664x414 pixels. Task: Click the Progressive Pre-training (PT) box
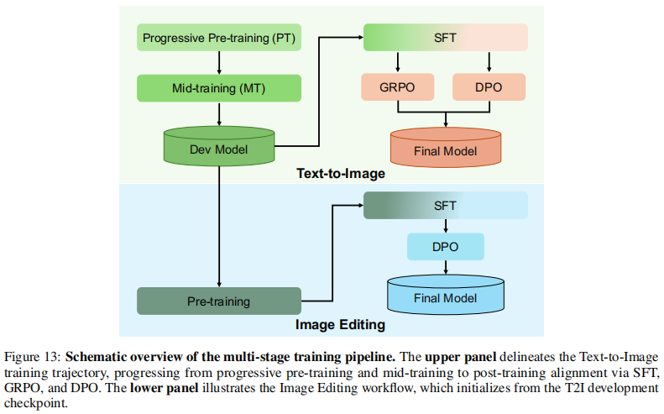219,38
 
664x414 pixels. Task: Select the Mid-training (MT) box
219,88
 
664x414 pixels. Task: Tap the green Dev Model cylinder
219,146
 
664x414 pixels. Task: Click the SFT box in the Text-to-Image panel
446,38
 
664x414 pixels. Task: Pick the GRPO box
397,86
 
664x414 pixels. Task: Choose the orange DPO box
489,86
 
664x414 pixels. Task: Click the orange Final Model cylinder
446,148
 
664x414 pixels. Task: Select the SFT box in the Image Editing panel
446,206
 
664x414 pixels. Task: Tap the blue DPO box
446,247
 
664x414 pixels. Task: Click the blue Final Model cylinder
446,295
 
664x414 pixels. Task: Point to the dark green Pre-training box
219,301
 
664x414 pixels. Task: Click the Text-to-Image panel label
341,174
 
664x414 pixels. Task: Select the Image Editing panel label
341,325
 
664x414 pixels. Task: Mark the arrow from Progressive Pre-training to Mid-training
219,63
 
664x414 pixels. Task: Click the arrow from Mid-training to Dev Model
219,113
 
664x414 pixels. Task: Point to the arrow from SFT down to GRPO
397,62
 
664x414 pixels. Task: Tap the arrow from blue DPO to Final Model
446,267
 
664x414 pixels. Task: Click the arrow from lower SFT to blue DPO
446,226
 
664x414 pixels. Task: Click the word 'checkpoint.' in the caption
36,403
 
